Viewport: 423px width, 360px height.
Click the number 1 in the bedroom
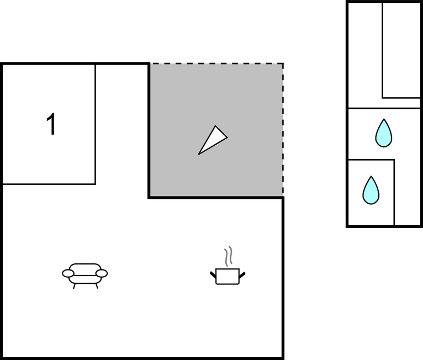coord(51,124)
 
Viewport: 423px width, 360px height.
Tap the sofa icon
coord(84,276)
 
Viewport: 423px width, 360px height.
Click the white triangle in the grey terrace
coord(213,140)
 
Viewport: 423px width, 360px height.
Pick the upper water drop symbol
coord(384,133)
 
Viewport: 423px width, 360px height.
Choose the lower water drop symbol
coord(371,190)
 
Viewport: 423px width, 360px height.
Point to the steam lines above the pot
coord(228,256)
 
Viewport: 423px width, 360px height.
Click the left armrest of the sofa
coord(68,273)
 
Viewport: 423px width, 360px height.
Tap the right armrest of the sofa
coord(102,273)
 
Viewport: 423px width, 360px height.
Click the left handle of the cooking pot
coord(213,275)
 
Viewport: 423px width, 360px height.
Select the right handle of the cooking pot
coord(242,275)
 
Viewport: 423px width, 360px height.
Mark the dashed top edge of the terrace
coord(216,63)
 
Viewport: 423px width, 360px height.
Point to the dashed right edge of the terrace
coord(283,130)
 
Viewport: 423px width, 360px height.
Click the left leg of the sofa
coord(74,286)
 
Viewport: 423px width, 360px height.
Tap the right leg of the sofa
coord(97,286)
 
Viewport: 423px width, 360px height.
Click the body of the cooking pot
coord(228,277)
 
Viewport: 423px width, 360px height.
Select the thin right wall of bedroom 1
coord(95,124)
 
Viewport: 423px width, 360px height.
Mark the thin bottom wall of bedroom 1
coord(49,184)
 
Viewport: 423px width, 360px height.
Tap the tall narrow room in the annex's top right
coord(401,50)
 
